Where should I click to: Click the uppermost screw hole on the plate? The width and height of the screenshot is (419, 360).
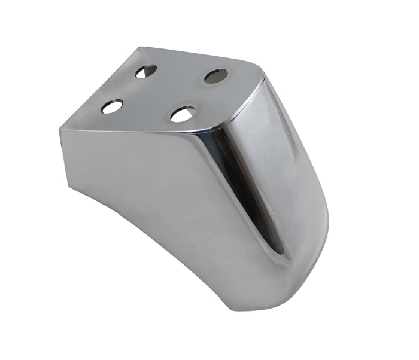click(145, 72)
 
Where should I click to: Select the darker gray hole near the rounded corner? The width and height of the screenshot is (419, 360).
click(216, 76)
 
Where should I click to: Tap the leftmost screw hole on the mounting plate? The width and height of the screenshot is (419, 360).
click(112, 107)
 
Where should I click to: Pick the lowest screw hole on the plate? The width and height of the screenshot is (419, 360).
click(182, 114)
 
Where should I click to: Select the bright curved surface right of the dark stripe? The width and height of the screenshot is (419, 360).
click(287, 179)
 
